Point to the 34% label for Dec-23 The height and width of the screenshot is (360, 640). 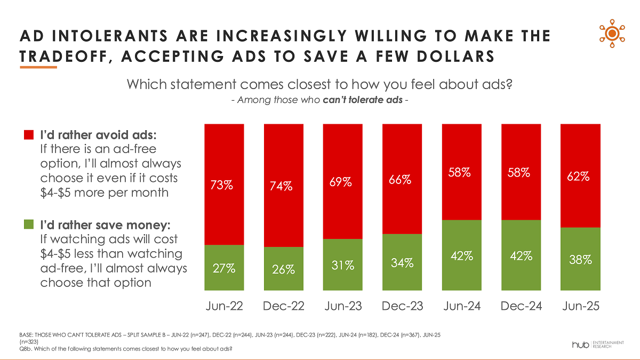pyautogui.click(x=402, y=262)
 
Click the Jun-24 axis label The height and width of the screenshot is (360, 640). pyautogui.click(x=461, y=306)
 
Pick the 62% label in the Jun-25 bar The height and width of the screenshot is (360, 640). pyautogui.click(x=580, y=176)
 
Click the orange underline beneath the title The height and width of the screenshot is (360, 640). pyautogui.click(x=38, y=67)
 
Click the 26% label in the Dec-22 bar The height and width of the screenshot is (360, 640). pyautogui.click(x=283, y=269)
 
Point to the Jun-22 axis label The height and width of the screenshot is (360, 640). pyautogui.click(x=224, y=306)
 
